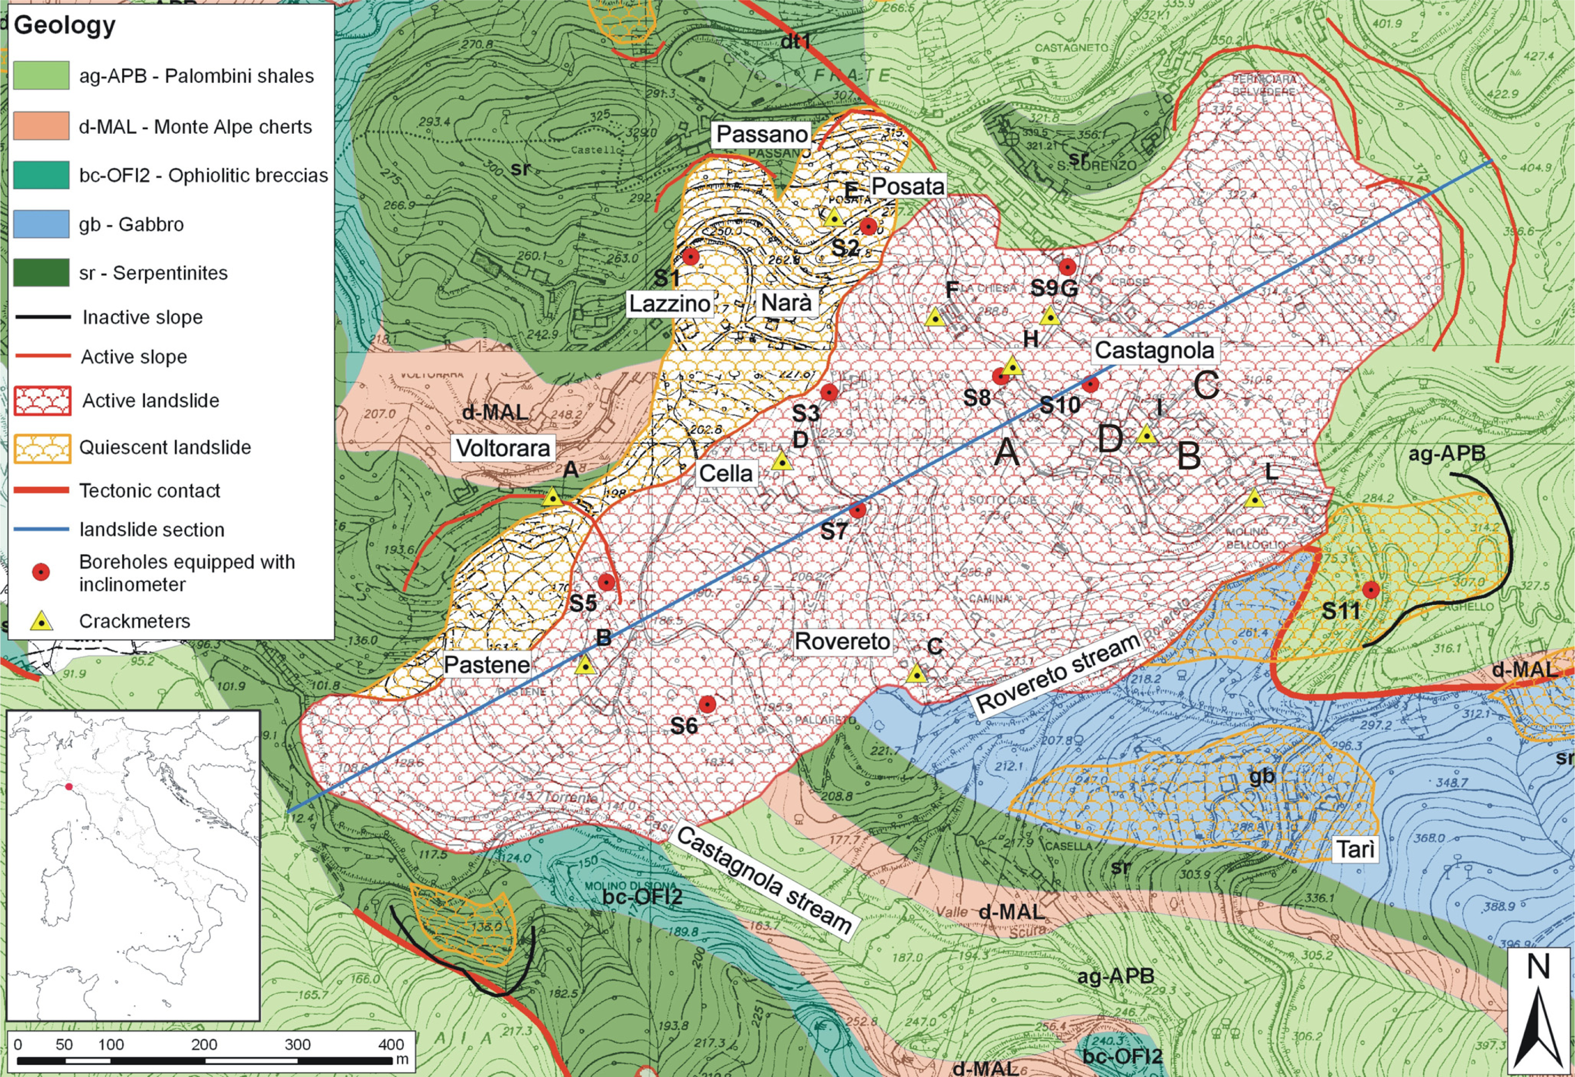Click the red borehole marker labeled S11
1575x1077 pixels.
click(x=1371, y=589)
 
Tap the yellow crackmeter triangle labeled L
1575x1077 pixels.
click(x=1254, y=499)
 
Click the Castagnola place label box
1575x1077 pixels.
click(x=1154, y=350)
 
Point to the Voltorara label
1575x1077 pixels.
click(x=503, y=448)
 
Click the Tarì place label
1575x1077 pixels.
click(x=1355, y=849)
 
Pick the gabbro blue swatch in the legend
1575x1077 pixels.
click(x=41, y=224)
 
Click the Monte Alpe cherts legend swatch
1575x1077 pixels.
click(x=41, y=126)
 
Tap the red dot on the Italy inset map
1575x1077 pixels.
click(x=68, y=786)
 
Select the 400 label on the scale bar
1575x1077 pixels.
click(x=391, y=1044)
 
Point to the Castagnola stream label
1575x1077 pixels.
click(x=764, y=880)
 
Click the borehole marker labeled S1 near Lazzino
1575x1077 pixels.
click(x=690, y=256)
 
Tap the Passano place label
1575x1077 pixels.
click(x=762, y=134)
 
